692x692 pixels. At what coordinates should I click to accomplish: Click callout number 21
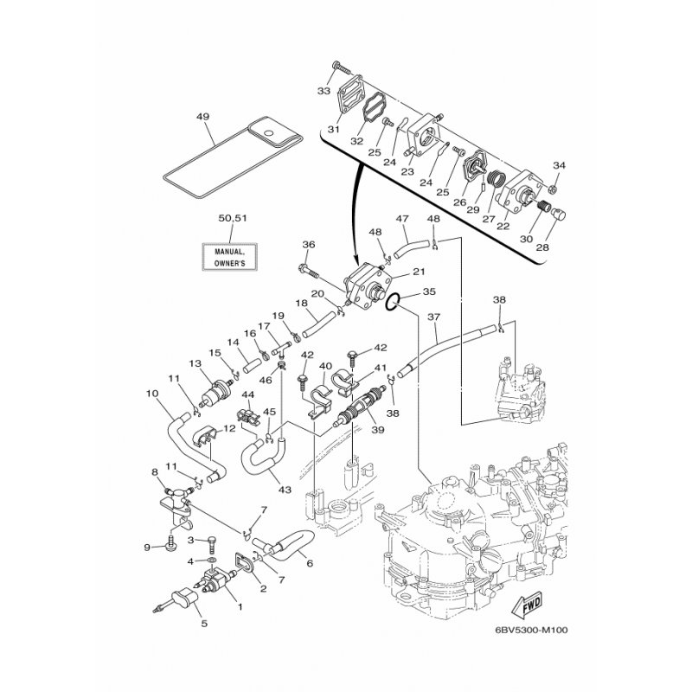[418, 272]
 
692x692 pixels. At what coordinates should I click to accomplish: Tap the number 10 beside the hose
[152, 394]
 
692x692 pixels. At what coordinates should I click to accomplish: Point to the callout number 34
[558, 165]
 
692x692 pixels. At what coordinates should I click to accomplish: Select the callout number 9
[147, 547]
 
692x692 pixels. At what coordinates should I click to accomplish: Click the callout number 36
[309, 244]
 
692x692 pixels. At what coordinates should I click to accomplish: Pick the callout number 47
[401, 220]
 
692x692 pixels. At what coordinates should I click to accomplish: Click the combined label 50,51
[223, 221]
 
